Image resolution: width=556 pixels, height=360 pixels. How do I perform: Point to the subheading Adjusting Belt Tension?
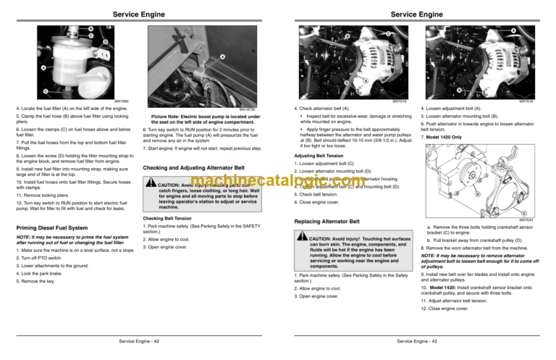pyautogui.click(x=319, y=155)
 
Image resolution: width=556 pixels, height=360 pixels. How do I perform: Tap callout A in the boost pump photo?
pyautogui.click(x=222, y=57)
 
